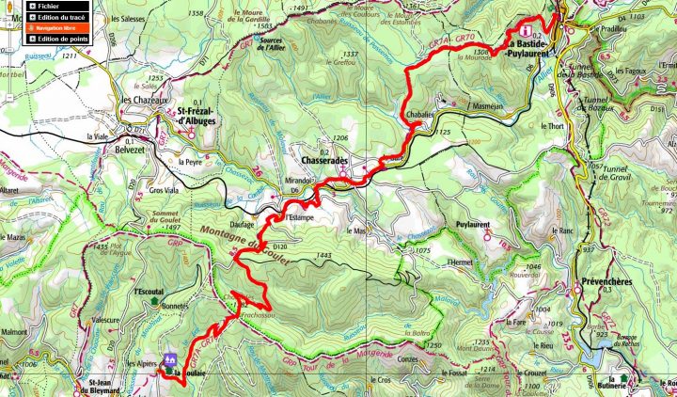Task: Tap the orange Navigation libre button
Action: tap(56, 27)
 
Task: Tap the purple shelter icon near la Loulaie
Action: tap(170, 359)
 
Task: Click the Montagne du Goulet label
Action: tap(231, 242)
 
